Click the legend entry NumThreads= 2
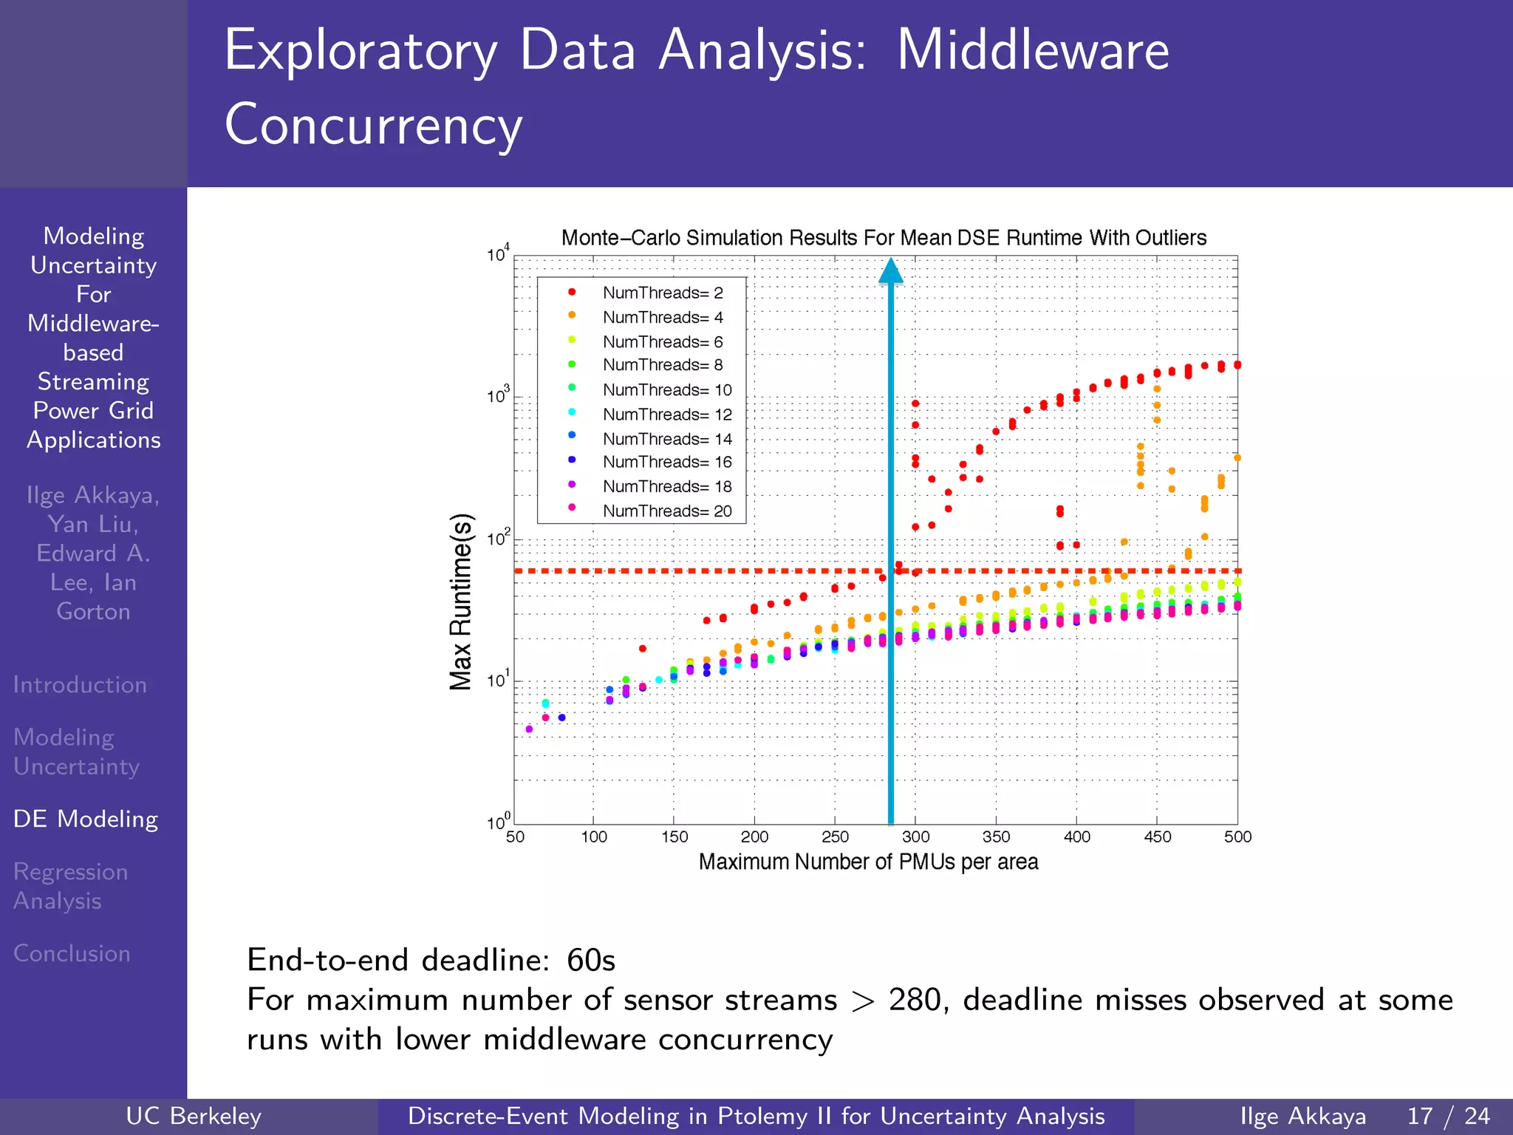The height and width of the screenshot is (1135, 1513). pyautogui.click(x=662, y=293)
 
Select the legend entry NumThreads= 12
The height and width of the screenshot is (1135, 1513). pyautogui.click(x=666, y=415)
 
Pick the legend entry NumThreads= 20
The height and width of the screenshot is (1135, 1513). pyautogui.click(x=666, y=511)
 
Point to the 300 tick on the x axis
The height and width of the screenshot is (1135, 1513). pyautogui.click(x=915, y=837)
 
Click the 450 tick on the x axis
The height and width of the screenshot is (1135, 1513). pyautogui.click(x=1157, y=837)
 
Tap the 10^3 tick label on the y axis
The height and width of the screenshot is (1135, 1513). pyautogui.click(x=498, y=396)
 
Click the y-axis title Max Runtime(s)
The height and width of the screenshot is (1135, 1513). pyautogui.click(x=461, y=601)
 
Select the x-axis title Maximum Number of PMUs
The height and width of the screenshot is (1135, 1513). pyautogui.click(x=868, y=862)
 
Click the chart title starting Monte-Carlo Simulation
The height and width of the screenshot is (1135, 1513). pyautogui.click(x=884, y=238)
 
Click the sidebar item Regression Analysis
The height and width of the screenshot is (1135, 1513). pyautogui.click(x=71, y=886)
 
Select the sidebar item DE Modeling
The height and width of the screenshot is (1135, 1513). pyautogui.click(x=86, y=819)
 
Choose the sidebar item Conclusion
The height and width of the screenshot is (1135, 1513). pyautogui.click(x=72, y=953)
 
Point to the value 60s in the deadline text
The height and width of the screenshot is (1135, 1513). pyautogui.click(x=590, y=961)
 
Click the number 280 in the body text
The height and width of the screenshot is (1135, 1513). pyautogui.click(x=915, y=1001)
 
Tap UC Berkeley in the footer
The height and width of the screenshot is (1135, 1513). pyautogui.click(x=194, y=1116)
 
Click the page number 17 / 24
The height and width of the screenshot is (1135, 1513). pyautogui.click(x=1449, y=1116)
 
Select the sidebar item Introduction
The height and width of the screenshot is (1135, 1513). pyautogui.click(x=80, y=685)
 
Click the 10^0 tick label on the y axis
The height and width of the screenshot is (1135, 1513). pyautogui.click(x=498, y=822)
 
